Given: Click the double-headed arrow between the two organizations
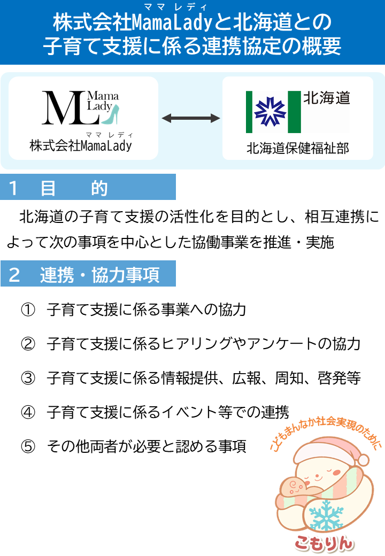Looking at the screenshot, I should click(191, 118).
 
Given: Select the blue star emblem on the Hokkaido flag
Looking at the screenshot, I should click(267, 112).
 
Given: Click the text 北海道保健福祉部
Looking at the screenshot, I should click(297, 148).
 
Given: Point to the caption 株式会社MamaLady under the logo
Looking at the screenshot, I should click(80, 145).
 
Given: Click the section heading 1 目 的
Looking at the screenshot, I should click(59, 188).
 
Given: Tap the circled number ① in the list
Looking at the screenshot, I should click(28, 310).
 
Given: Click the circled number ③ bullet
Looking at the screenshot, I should click(28, 378).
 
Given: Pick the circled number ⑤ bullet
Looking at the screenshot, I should click(28, 446).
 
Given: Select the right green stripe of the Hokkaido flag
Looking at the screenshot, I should click(294, 112).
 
